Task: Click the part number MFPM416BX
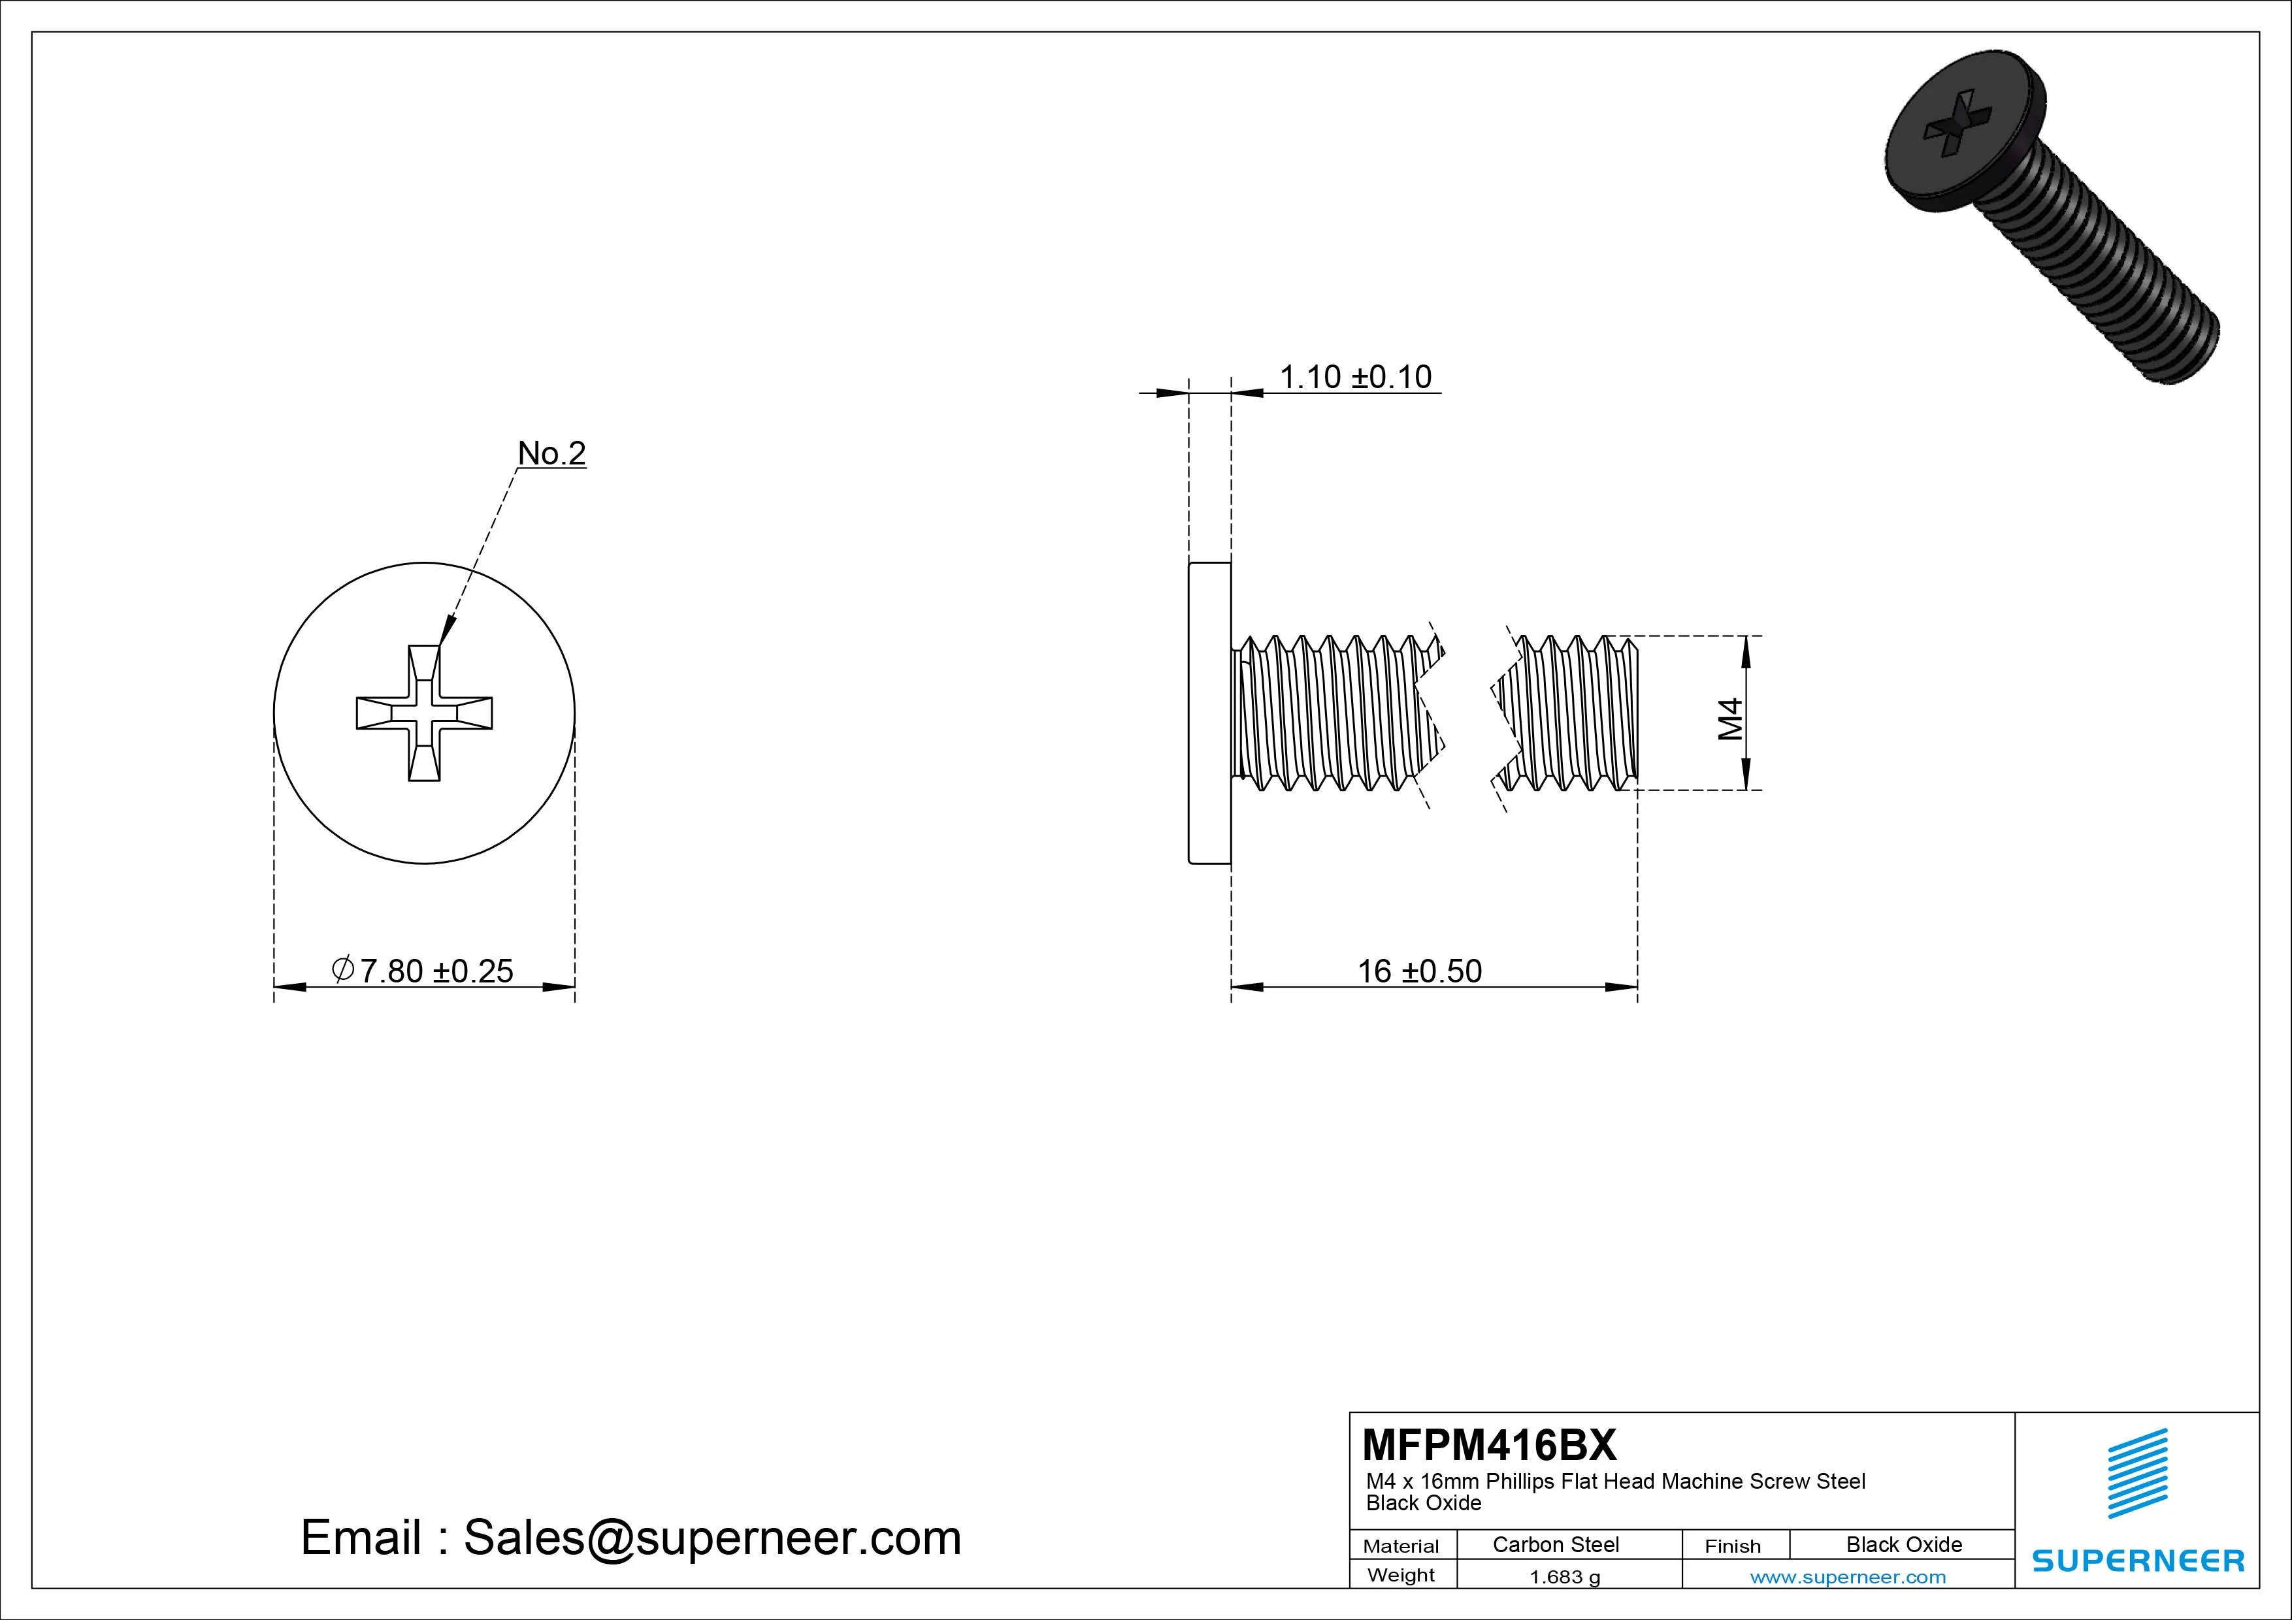click(x=1488, y=1444)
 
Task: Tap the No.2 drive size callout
click(x=551, y=453)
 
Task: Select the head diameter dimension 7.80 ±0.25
click(x=423, y=970)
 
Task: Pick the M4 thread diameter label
click(x=1730, y=718)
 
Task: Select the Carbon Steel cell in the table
click(x=1555, y=1544)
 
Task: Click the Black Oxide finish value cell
click(x=1904, y=1544)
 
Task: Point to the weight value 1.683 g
click(x=1564, y=1577)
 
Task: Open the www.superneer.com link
click(x=1848, y=1577)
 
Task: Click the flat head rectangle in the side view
click(x=1209, y=713)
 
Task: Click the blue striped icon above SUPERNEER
click(x=2137, y=1472)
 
